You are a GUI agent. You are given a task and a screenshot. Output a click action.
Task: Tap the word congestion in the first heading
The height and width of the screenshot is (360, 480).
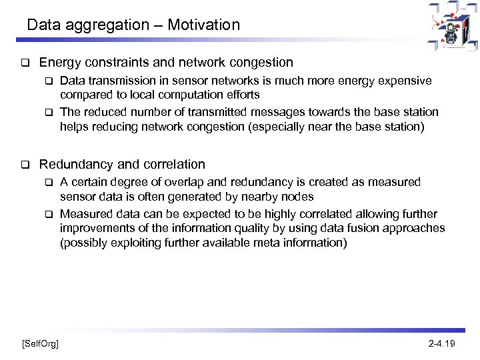[260, 63]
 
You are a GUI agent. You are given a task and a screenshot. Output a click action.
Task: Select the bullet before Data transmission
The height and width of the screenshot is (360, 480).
[48, 81]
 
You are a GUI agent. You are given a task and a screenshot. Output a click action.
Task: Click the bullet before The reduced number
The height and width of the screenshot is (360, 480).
[48, 112]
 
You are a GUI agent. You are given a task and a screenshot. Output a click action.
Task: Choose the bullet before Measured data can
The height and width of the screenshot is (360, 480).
[48, 215]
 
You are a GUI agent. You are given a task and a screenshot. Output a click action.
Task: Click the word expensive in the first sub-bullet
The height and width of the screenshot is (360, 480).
[407, 81]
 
